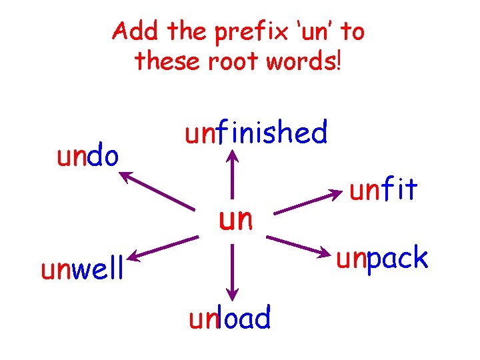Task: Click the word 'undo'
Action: (88, 157)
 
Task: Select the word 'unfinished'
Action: (257, 133)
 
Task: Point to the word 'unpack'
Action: (382, 259)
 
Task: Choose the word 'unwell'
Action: (83, 270)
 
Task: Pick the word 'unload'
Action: (230, 318)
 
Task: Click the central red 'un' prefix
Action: (236, 218)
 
